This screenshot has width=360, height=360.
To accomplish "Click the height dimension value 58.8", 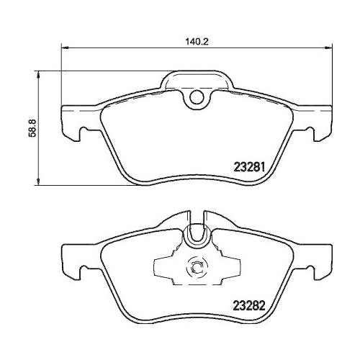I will (x=30, y=127).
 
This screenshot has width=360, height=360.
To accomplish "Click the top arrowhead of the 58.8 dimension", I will (x=37, y=73).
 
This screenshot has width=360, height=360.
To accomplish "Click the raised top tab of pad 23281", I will (x=197, y=81).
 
